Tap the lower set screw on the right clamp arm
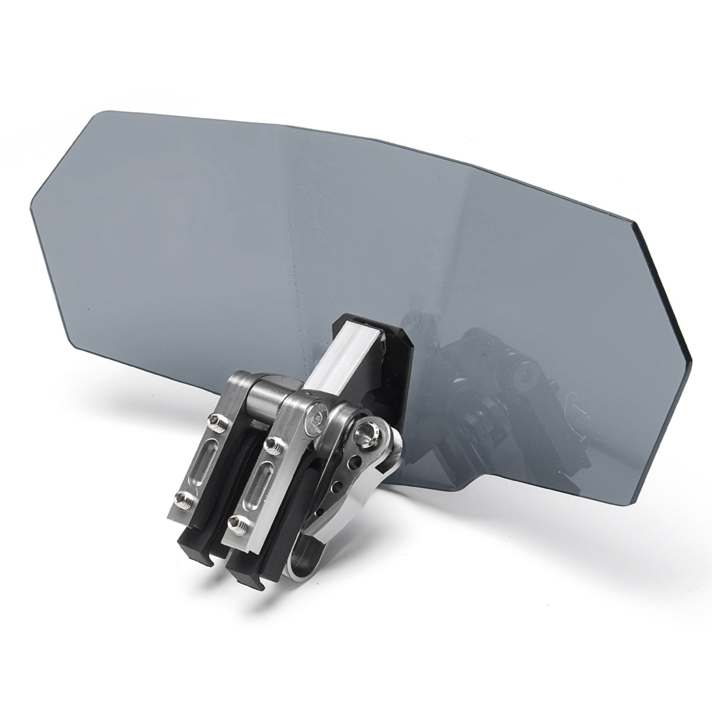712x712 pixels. [237, 523]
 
